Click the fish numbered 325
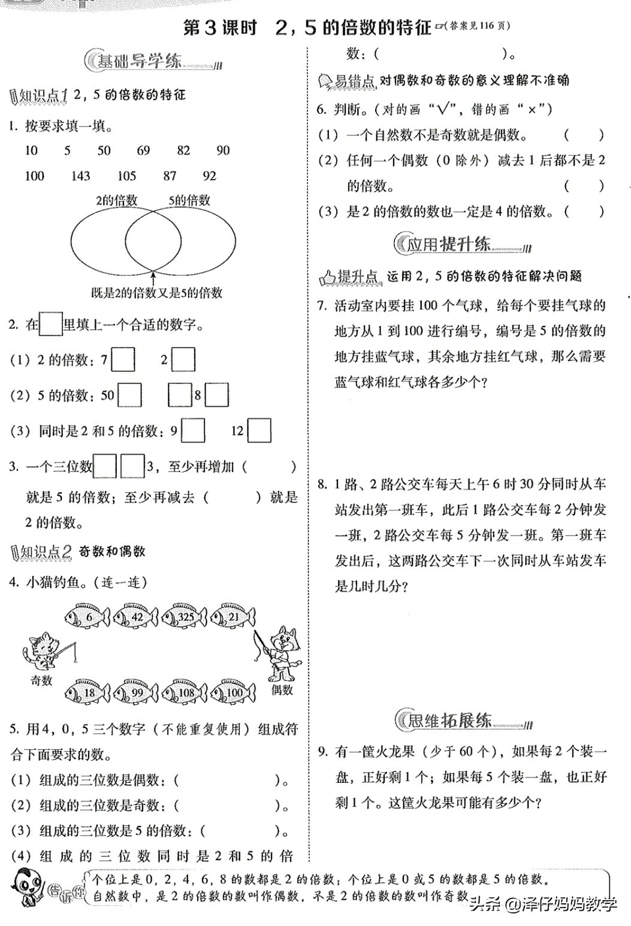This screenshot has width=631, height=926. (185, 617)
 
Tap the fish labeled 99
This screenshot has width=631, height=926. (136, 692)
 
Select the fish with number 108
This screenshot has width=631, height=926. (185, 692)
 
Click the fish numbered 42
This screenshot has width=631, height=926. (136, 617)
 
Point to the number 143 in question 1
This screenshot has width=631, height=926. (80, 176)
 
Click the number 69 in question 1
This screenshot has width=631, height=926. (143, 150)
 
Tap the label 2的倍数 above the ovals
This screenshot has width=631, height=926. (116, 201)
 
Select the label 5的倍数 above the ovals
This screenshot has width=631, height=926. (189, 201)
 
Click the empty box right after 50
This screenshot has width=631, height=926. (130, 395)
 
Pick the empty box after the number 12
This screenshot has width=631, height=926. (259, 431)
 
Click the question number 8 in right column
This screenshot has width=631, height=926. (322, 484)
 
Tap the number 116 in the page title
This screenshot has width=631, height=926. (487, 26)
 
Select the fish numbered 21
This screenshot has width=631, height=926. (233, 617)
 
